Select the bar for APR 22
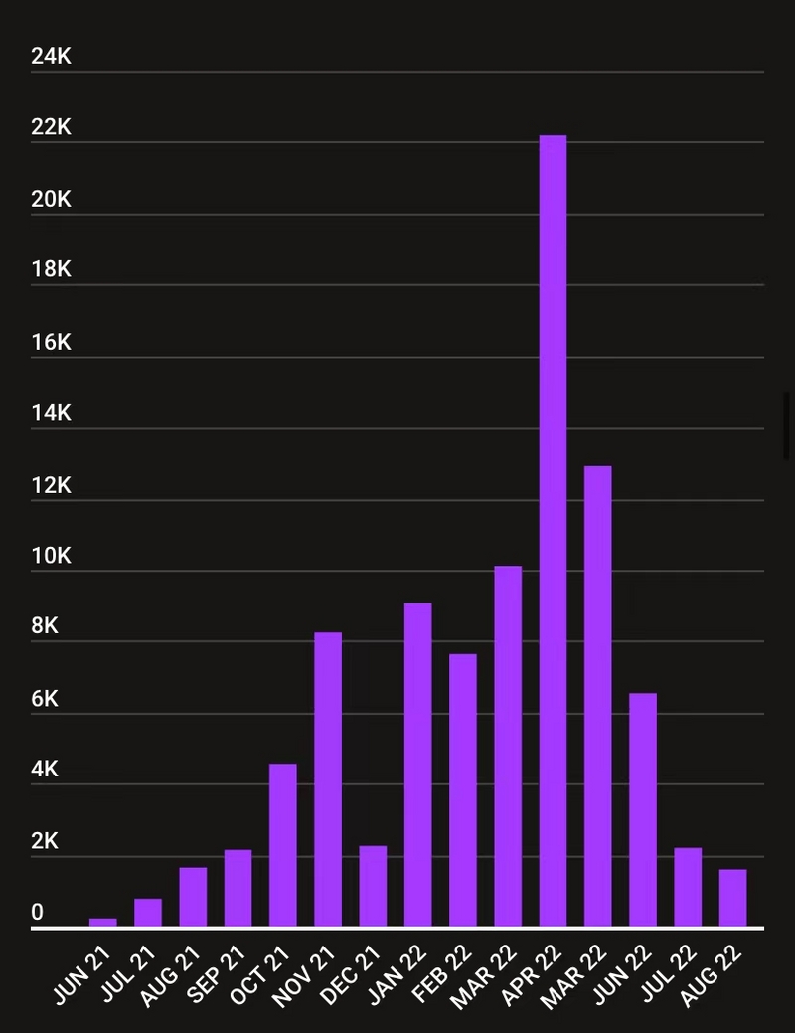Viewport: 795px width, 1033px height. (x=553, y=531)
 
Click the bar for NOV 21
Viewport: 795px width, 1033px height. (x=328, y=779)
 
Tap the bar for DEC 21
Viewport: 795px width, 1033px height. (x=373, y=886)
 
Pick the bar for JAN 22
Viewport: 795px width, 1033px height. (x=417, y=765)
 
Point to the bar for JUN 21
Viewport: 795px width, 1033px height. (x=102, y=922)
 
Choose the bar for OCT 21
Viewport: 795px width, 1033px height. (x=282, y=845)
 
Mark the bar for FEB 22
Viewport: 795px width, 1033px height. (x=463, y=790)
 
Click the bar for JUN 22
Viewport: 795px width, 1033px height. (x=643, y=810)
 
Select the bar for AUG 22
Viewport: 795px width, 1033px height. (x=732, y=898)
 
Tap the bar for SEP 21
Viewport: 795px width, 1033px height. (x=238, y=888)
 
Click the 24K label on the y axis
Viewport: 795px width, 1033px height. (x=51, y=57)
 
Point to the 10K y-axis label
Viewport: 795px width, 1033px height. (x=51, y=556)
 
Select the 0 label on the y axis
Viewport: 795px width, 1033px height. (x=38, y=912)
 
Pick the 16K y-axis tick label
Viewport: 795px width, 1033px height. (x=51, y=342)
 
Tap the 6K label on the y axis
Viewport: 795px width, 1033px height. (x=45, y=699)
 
